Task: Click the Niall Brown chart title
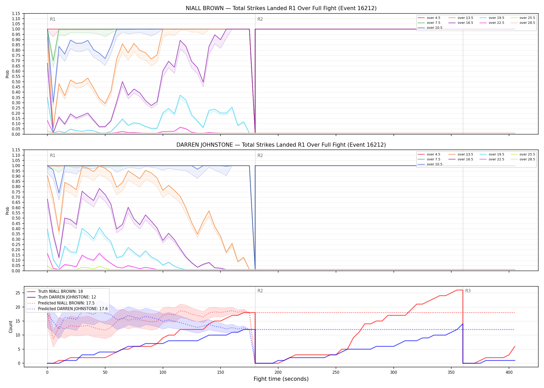pos(281,8)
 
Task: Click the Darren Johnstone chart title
pos(281,145)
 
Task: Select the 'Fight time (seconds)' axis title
pos(281,379)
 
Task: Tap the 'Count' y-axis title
pos(11,327)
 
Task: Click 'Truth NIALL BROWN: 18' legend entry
pos(60,292)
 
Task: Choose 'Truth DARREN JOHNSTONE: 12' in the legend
pos(67,297)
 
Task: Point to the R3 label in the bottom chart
pos(468,291)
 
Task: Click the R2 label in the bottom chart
pos(260,291)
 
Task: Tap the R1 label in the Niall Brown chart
pos(53,19)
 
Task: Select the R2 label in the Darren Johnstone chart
pos(260,155)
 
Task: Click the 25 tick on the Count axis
pos(18,293)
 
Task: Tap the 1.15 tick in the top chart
pos(16,13)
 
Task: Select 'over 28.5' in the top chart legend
pos(527,23)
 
